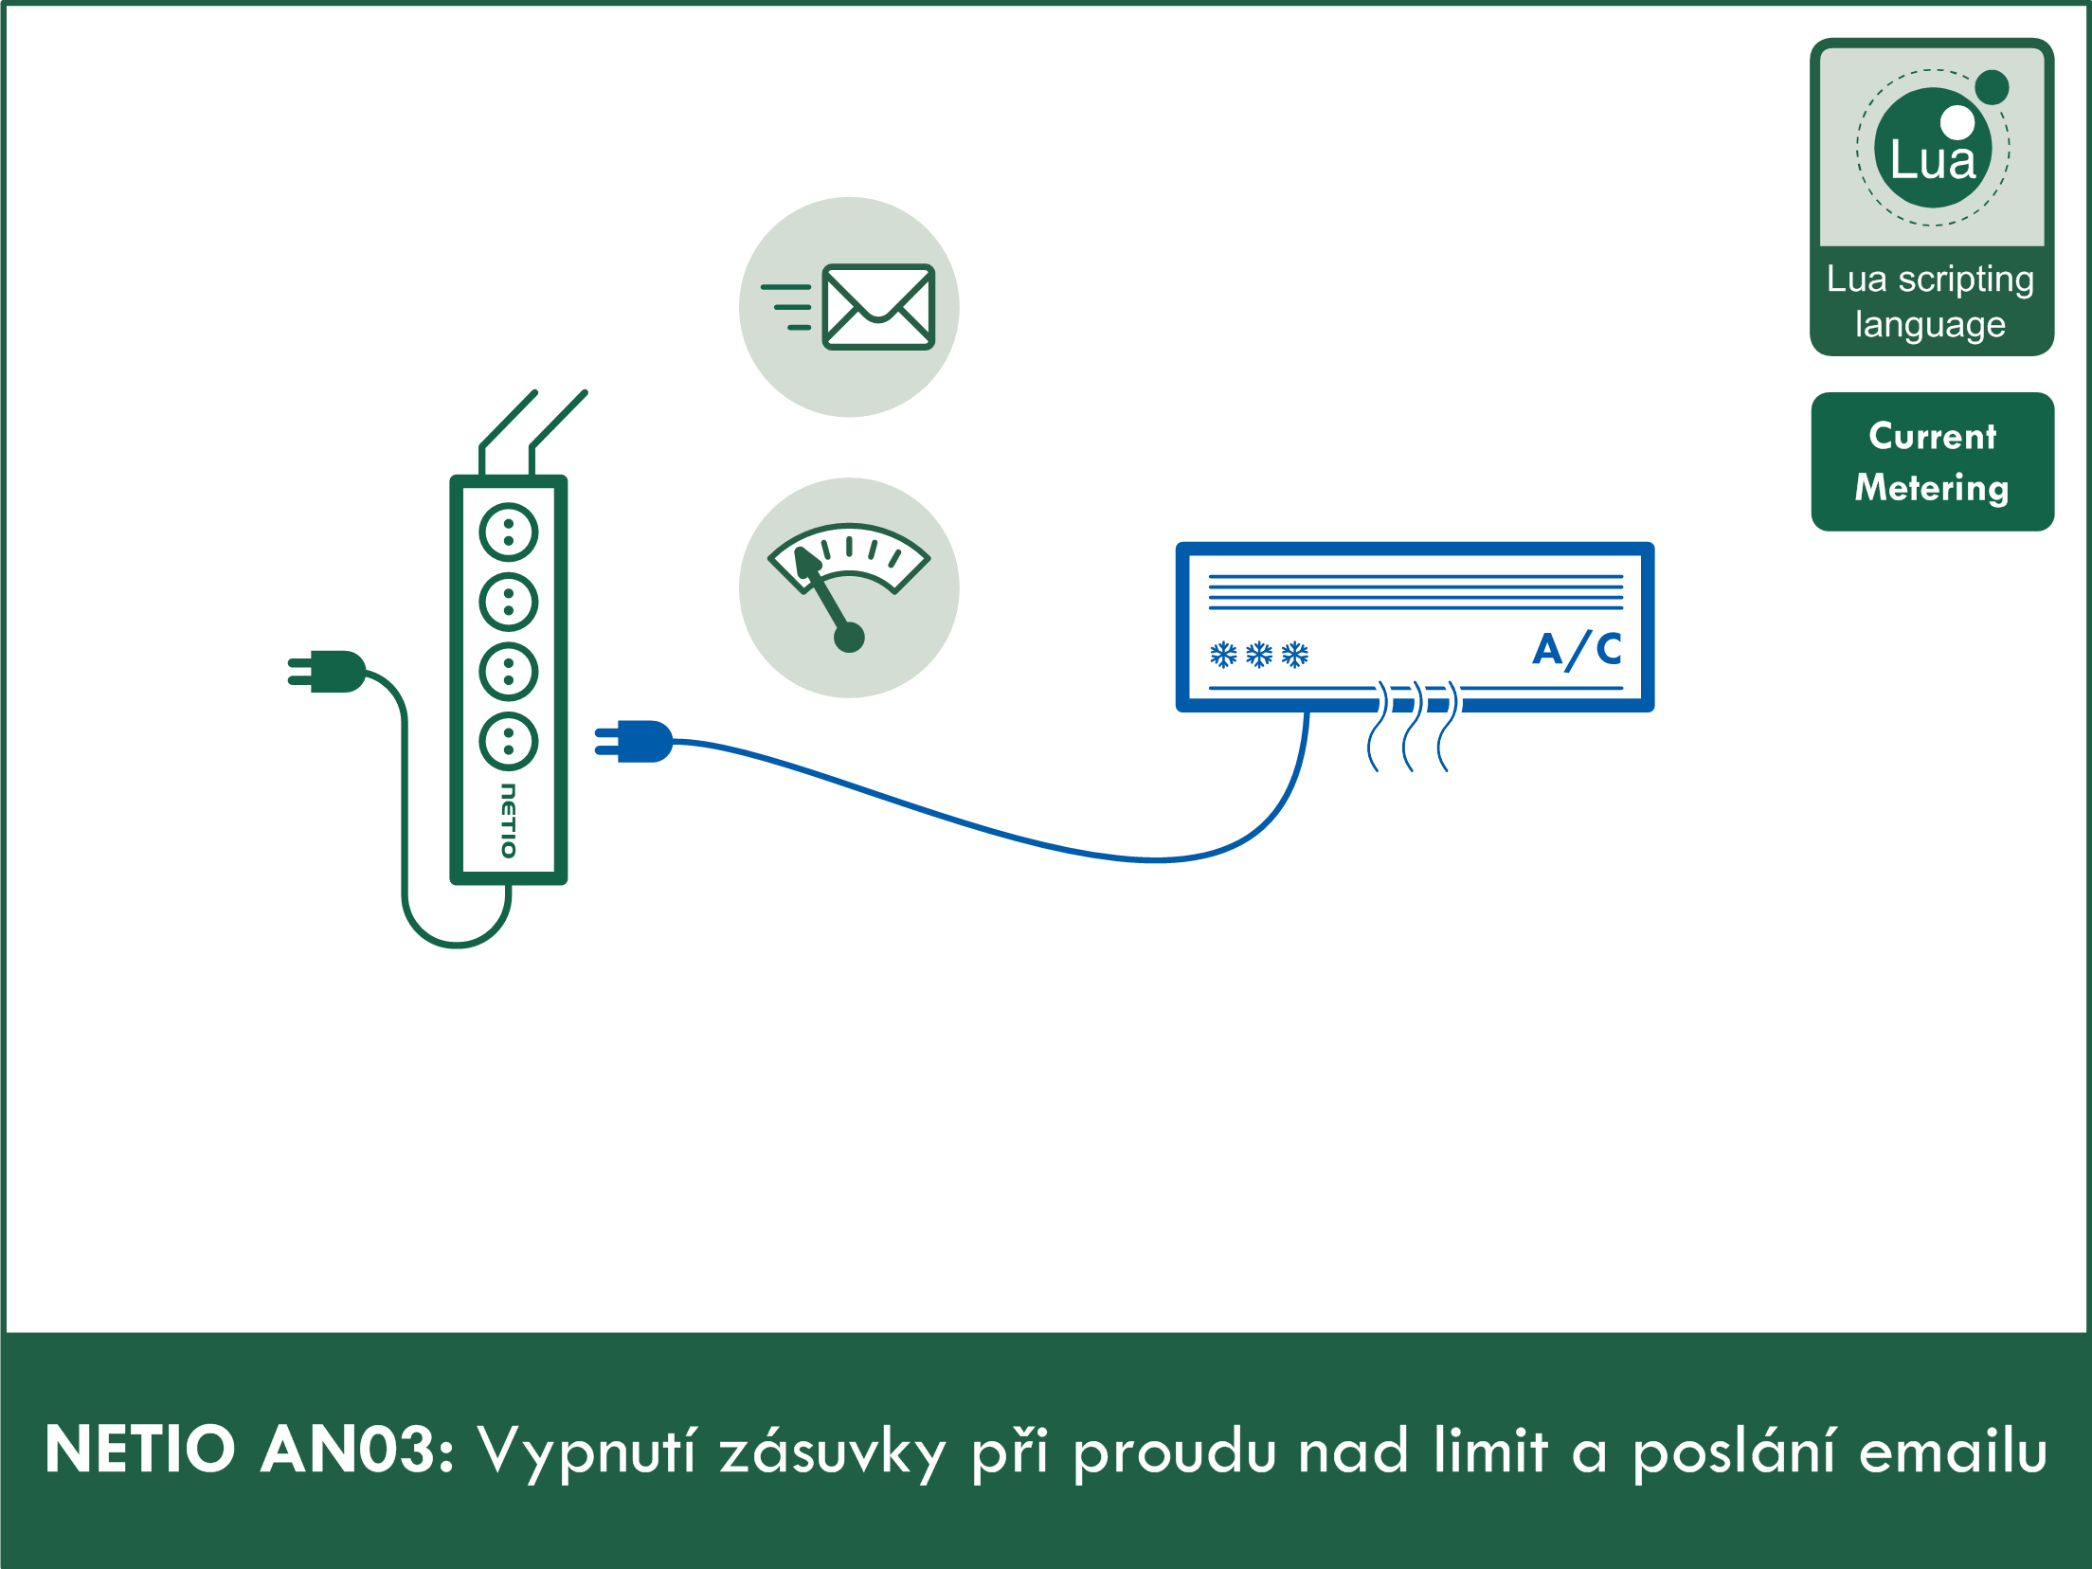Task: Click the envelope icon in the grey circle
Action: pos(878,307)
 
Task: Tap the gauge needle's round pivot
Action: pos(849,638)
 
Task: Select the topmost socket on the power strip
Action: pos(509,532)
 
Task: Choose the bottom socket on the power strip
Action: pos(509,741)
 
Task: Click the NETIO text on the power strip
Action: pos(509,821)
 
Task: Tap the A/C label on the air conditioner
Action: pos(1578,650)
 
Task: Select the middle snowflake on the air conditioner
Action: pos(1259,655)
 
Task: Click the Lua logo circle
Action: pos(1933,149)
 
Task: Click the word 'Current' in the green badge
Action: pos(1932,437)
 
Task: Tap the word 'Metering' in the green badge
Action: pos(1932,488)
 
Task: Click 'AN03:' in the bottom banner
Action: pos(357,1451)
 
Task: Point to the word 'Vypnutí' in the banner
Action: pos(586,1451)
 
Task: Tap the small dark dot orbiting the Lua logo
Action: pos(1993,87)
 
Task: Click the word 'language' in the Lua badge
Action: pos(1930,325)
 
